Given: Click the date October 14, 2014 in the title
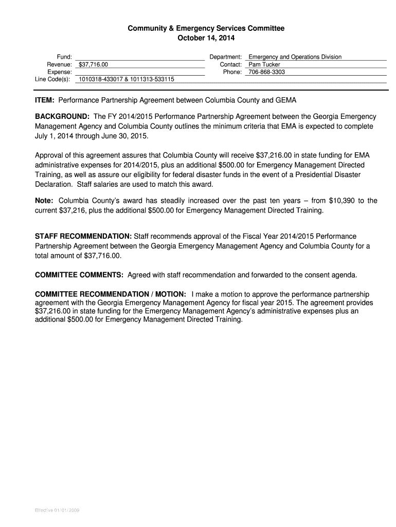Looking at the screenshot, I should pos(206,38).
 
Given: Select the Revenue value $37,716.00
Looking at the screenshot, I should pos(94,65).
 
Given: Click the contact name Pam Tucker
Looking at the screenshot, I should pos(264,65).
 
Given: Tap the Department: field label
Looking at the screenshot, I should pos(225,57).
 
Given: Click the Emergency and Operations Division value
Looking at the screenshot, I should pos(295,57).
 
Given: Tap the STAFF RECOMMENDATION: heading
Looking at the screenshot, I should pos(83,236).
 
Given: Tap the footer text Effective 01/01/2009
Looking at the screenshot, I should pos(57,511).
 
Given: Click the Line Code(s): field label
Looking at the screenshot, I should pos(53,80).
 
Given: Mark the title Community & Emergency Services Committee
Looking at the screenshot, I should pos(206,28).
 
